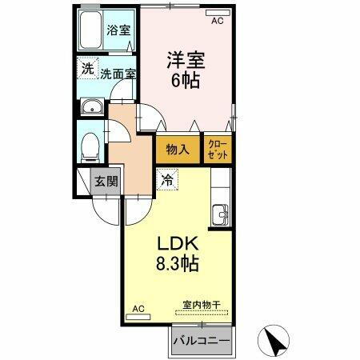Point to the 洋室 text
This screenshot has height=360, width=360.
[183, 59]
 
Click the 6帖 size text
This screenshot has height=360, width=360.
[184, 81]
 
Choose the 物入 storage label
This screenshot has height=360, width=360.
[178, 149]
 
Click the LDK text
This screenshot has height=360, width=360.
[177, 242]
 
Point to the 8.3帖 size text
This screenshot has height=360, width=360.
[178, 263]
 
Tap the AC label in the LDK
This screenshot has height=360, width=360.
[138, 309]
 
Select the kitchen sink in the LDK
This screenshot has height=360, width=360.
[221, 214]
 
